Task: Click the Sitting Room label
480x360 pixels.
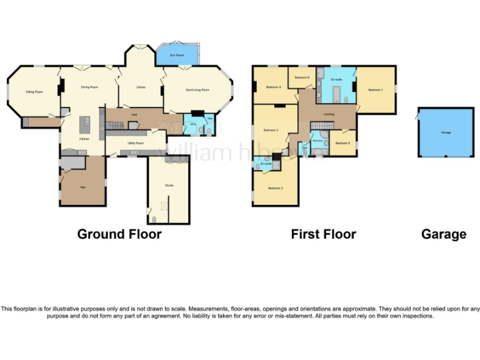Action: [x=34, y=92]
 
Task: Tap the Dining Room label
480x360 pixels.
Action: [x=89, y=87]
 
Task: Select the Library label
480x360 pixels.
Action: [x=141, y=87]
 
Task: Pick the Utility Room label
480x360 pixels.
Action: [x=136, y=143]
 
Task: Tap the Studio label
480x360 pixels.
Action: [x=169, y=185]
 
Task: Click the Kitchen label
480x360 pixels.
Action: [x=83, y=139]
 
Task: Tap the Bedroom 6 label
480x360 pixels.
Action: [x=302, y=77]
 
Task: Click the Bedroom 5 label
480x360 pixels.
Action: [x=342, y=143]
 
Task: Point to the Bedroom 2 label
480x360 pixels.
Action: [x=276, y=187]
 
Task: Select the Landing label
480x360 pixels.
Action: [x=329, y=114]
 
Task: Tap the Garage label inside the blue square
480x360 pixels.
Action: [x=446, y=132]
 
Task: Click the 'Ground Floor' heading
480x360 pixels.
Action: [x=119, y=234]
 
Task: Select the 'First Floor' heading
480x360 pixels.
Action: [x=323, y=234]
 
